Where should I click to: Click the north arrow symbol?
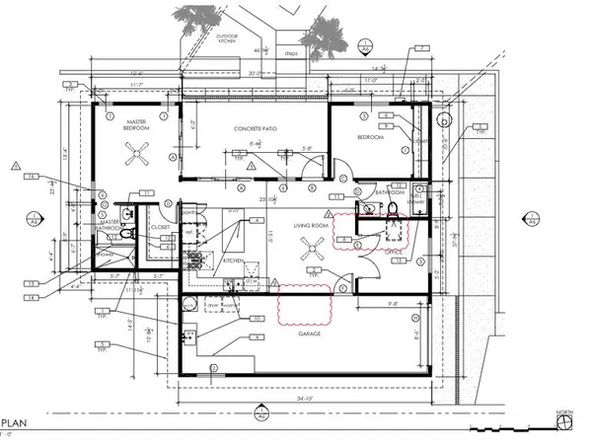[x=563, y=421]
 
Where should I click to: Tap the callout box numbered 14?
[x=34, y=296]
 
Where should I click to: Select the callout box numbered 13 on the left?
[x=34, y=284]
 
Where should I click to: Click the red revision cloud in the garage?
[x=306, y=304]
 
